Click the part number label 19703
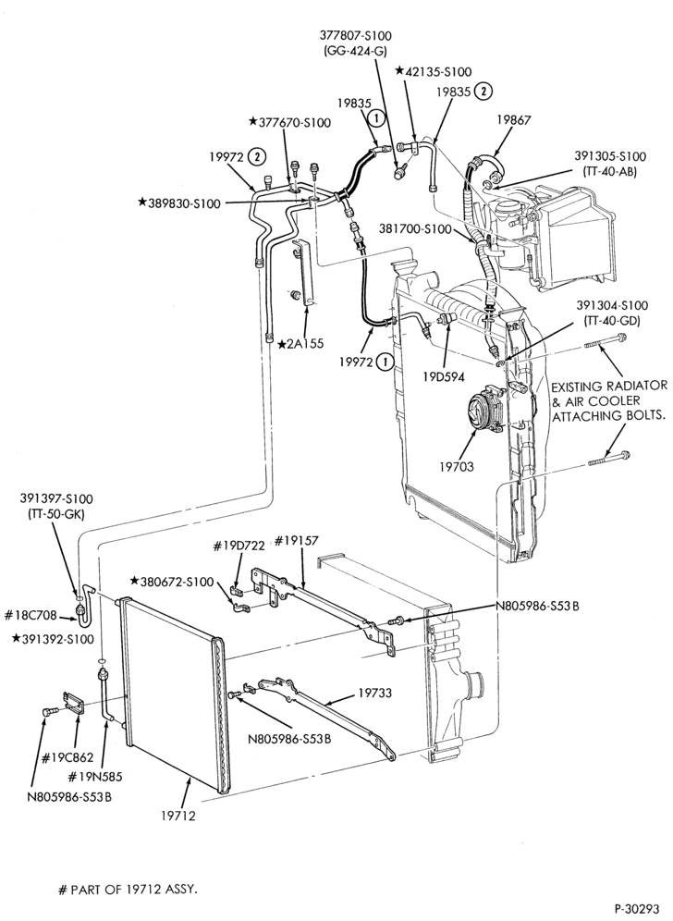pyautogui.click(x=457, y=467)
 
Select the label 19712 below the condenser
pyautogui.click(x=177, y=816)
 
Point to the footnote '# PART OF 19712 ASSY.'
pyautogui.click(x=128, y=890)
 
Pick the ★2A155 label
pyautogui.click(x=300, y=344)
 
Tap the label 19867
pyautogui.click(x=514, y=120)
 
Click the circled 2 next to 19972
pyautogui.click(x=257, y=157)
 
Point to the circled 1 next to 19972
pyautogui.click(x=385, y=362)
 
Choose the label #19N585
pyautogui.click(x=94, y=777)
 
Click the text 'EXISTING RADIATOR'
pyautogui.click(x=609, y=387)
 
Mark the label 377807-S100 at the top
pyautogui.click(x=356, y=36)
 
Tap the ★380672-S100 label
pyautogui.click(x=172, y=582)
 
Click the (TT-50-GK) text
pyautogui.click(x=56, y=514)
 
